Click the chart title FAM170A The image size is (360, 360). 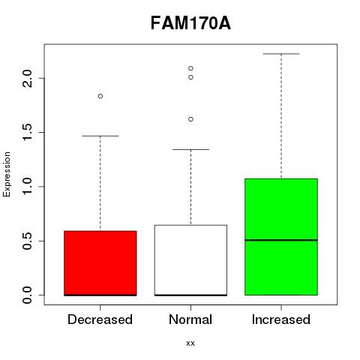pos(190,23)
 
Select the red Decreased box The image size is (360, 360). pos(100,263)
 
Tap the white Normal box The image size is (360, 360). pos(190,260)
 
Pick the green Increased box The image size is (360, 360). pos(281,237)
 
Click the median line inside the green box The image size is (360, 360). pos(281,240)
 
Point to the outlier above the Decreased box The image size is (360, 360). pos(100,96)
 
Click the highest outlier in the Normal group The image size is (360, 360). pos(190,68)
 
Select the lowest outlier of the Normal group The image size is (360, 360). pos(190,119)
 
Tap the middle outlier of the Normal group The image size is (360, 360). pos(190,77)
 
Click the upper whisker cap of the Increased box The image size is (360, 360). pos(281,54)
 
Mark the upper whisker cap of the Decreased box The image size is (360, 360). pos(100,136)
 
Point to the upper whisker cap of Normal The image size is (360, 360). pos(190,149)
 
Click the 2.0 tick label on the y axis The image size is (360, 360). pos(27,78)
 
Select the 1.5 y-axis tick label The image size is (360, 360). pos(27,132)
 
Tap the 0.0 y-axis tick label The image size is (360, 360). pos(27,295)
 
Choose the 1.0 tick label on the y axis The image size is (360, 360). pos(27,187)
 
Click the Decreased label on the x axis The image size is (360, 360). pos(100,319)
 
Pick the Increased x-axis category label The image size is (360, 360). pos(281,319)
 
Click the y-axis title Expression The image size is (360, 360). pos(7,174)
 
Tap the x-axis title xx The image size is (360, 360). pos(190,343)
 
